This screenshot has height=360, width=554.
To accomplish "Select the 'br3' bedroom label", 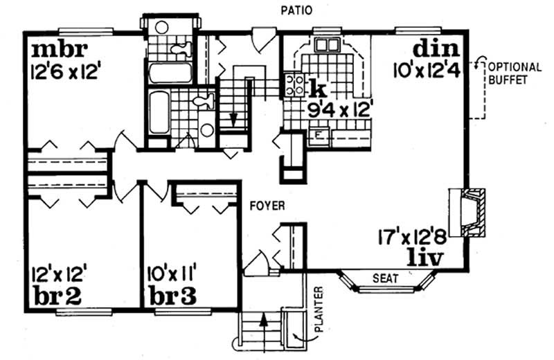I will [x=172, y=296].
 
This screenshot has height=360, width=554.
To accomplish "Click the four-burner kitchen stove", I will [x=294, y=84].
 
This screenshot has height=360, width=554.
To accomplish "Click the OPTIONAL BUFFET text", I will [x=513, y=73].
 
